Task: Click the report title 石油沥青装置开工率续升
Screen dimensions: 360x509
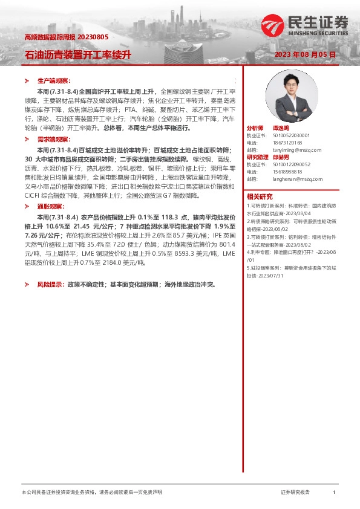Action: (x=77, y=54)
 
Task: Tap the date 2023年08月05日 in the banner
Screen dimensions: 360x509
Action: (x=305, y=54)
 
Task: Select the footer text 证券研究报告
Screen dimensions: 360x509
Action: (x=295, y=493)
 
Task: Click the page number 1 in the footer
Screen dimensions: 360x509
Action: (x=334, y=493)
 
